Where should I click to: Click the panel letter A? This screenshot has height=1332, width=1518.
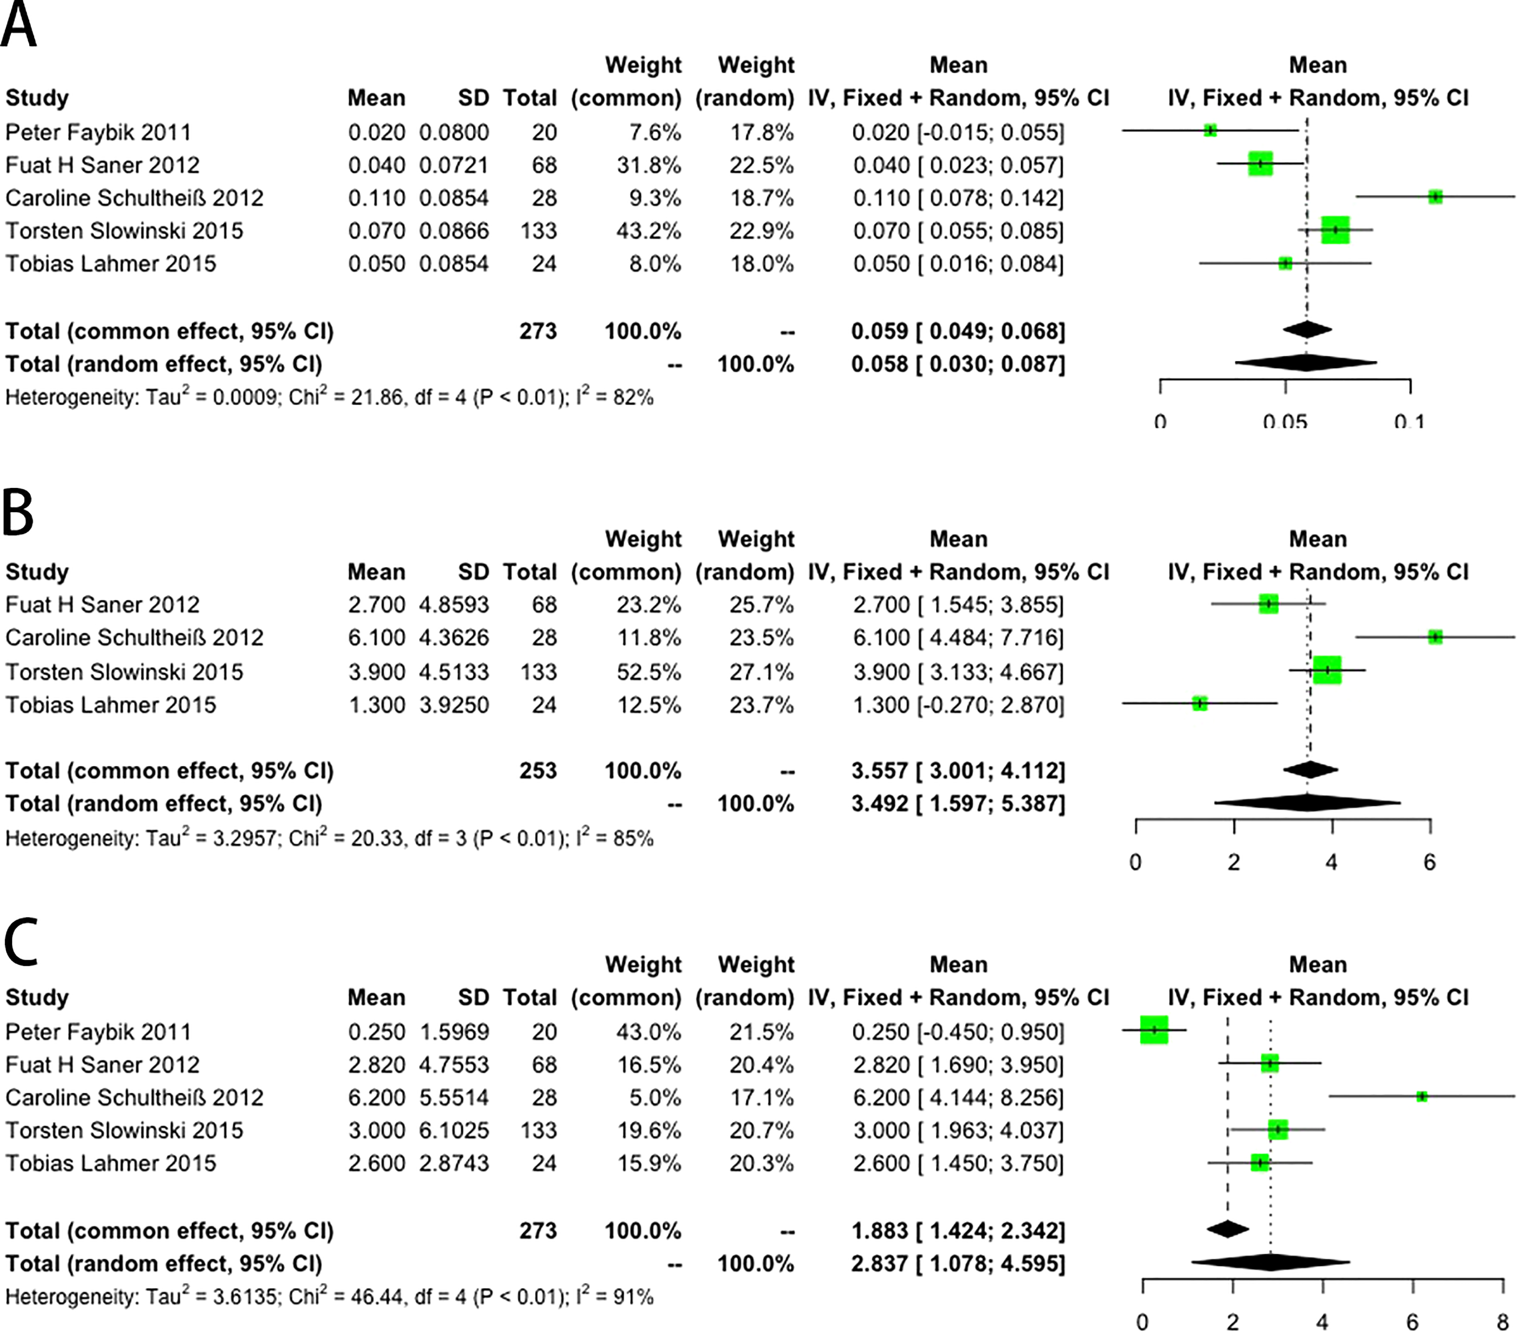(18, 24)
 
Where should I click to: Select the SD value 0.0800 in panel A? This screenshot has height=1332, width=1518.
(454, 132)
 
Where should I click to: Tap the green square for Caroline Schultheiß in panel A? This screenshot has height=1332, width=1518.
(1435, 197)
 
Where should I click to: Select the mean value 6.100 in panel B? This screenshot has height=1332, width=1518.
(377, 637)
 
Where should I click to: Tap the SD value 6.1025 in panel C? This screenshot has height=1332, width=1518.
(454, 1130)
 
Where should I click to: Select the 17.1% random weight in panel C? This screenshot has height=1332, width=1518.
(761, 1097)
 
